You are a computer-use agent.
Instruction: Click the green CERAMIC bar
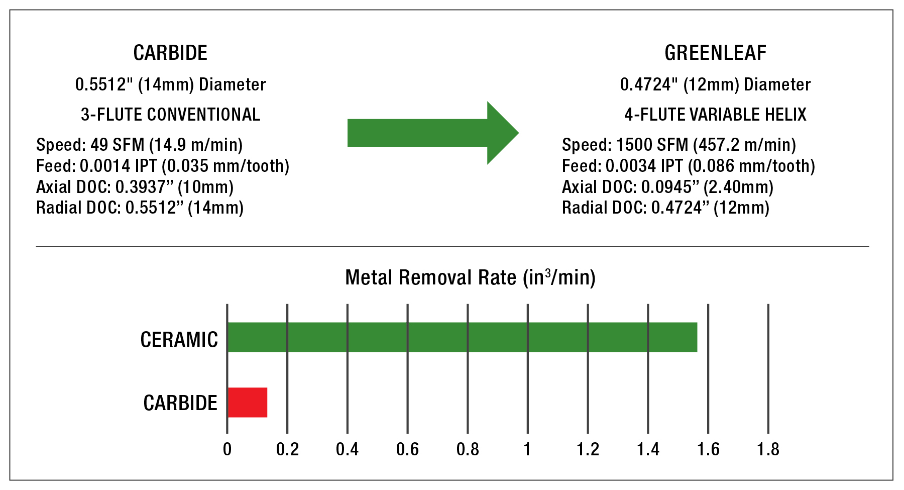coord(462,337)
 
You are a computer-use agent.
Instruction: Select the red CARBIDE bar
coord(248,403)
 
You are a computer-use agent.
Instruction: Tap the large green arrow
coord(432,133)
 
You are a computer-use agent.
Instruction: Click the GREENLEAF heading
coord(715,53)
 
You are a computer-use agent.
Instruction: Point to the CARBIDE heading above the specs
coord(170,53)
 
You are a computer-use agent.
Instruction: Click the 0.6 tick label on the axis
coord(407,449)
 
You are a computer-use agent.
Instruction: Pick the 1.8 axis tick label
coord(768,449)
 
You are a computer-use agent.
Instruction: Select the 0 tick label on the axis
coord(227,449)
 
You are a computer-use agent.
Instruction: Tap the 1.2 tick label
coord(588,449)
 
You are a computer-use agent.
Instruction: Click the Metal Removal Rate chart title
coord(470,277)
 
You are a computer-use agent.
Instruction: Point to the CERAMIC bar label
coord(179,340)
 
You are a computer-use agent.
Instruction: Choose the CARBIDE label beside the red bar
coord(180,403)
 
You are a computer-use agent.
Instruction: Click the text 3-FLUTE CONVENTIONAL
coord(170,115)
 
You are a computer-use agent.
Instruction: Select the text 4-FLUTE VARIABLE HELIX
coord(715,115)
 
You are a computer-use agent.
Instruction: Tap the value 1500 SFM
coord(652,145)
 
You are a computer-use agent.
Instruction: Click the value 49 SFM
coord(117,145)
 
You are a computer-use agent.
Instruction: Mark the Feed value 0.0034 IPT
coord(644,166)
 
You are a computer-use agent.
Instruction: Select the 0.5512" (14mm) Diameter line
coord(170,84)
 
